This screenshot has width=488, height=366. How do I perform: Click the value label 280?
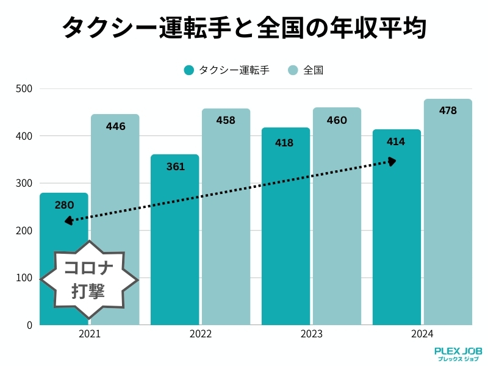[x=64, y=205]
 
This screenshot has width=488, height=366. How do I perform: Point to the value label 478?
[x=448, y=110]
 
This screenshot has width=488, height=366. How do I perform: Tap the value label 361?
[x=175, y=166]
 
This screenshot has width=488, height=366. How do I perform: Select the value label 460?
[x=337, y=120]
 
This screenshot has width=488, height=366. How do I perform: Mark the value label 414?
[x=396, y=142]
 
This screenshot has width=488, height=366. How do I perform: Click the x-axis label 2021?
[x=90, y=334]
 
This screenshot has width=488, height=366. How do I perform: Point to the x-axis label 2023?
[x=311, y=334]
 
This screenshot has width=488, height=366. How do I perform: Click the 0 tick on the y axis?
[x=29, y=325]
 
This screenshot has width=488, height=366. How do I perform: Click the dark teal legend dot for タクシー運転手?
[x=188, y=70]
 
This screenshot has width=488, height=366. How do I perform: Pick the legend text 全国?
[x=313, y=70]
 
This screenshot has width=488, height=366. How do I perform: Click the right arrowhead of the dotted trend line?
[x=392, y=161]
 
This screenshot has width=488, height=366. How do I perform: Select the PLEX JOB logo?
[x=458, y=354]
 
